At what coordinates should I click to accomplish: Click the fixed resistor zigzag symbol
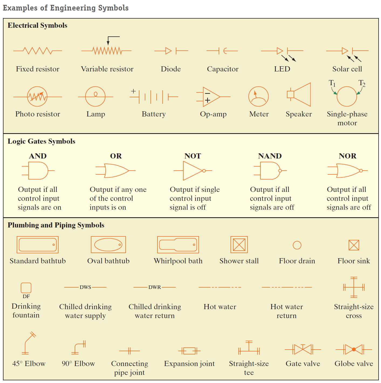37,51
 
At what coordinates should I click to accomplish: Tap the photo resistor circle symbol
37,96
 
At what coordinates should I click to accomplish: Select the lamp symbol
95,96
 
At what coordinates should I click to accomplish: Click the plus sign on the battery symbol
133,91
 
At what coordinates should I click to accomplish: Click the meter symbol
258,96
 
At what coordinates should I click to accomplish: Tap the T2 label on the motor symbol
362,83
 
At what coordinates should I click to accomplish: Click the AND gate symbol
38,171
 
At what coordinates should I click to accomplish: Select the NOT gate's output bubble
204,171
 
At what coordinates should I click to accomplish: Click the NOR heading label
347,156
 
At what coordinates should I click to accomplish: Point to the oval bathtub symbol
108,245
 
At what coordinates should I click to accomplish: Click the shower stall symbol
239,245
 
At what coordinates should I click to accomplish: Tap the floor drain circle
297,245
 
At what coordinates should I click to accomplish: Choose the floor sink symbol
354,245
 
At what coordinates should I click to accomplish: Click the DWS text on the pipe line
85,287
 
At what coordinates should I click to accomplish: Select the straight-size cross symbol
354,287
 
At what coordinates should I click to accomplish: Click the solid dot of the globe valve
354,350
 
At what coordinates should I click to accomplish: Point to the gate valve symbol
303,350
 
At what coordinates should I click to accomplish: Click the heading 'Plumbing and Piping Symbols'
56,225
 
